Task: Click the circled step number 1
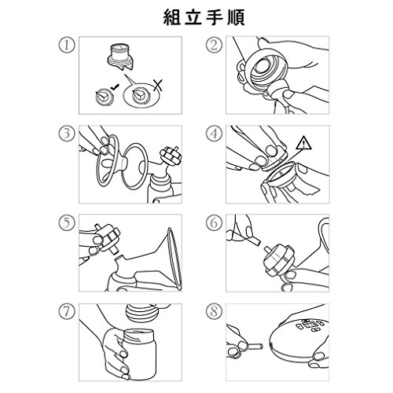pos(67,46)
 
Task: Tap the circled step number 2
pos(214,46)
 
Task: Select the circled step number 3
pos(67,134)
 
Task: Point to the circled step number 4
pos(214,134)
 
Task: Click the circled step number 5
pos(67,223)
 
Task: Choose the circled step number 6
pos(214,223)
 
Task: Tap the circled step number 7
pos(67,312)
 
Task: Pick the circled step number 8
pos(214,312)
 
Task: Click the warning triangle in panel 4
pos(304,144)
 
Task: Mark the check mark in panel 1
pos(115,88)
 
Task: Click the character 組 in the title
pos(172,17)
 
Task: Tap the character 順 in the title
pos(237,17)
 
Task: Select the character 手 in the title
pos(215,17)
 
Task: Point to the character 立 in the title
pos(193,17)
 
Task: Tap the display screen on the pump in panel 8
pos(309,326)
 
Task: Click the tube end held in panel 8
pos(254,346)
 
